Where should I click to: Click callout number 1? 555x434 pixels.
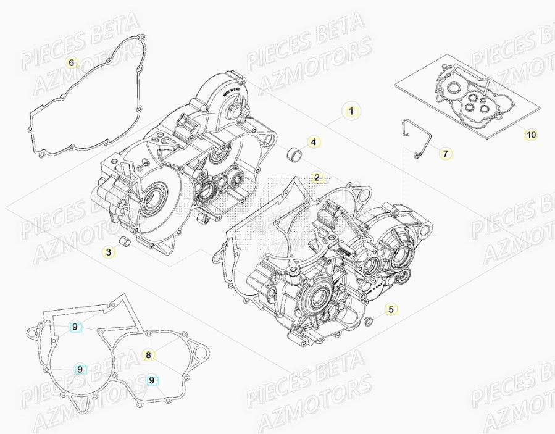coord(351,112)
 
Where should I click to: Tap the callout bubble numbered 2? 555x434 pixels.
coord(317,178)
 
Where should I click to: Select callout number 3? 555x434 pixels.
coord(108,252)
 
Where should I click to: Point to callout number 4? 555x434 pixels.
coord(313,143)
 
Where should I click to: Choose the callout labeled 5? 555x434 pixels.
coord(390,309)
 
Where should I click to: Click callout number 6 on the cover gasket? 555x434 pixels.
coord(71,62)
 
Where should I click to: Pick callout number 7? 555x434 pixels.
coord(445,153)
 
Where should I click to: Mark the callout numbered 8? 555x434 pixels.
coord(148,354)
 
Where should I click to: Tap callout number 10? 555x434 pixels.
coord(531,134)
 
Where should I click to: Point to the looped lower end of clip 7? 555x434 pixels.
coord(418,155)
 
